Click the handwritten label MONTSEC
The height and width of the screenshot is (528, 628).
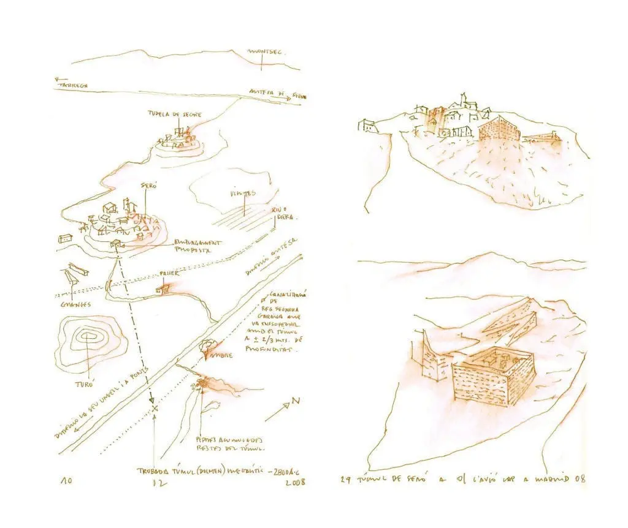tap(265, 53)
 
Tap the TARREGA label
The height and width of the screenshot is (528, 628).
tap(74, 86)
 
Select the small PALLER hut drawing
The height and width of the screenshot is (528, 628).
tap(163, 287)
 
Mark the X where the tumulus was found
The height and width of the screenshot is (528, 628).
tap(155, 407)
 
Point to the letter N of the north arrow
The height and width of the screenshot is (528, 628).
tap(296, 401)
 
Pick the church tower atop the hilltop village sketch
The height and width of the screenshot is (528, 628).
tap(465, 100)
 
